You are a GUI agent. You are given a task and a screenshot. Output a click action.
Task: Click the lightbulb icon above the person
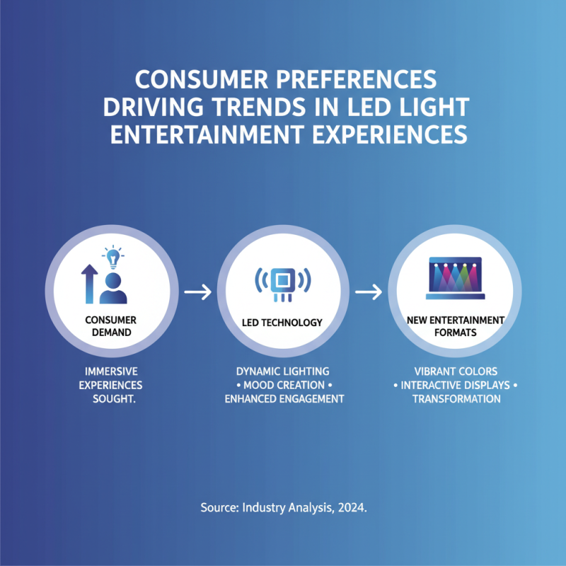click(x=112, y=257)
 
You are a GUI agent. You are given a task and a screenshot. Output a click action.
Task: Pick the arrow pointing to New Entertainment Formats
click(x=366, y=291)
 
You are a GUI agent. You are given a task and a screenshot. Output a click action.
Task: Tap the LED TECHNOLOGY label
click(x=282, y=323)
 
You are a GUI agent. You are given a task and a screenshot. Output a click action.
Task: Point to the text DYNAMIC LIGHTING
click(x=283, y=371)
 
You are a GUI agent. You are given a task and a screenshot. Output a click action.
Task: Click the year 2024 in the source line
click(x=352, y=508)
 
